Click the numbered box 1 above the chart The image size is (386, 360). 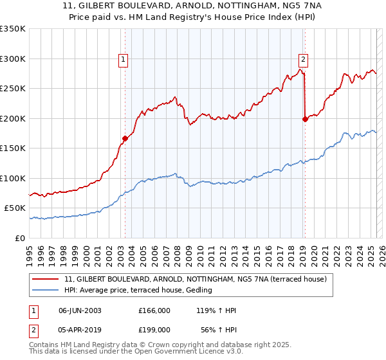pyautogui.click(x=122, y=61)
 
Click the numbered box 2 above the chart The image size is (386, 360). pyautogui.click(x=302, y=61)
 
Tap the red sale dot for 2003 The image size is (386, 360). pyautogui.click(x=125, y=138)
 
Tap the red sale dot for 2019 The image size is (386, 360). pyautogui.click(x=305, y=118)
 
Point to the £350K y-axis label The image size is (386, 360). pyautogui.click(x=13, y=29)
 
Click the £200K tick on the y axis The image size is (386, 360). pyautogui.click(x=13, y=118)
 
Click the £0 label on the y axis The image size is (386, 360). pyautogui.click(x=19, y=238)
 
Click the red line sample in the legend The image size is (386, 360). pyautogui.click(x=46, y=280)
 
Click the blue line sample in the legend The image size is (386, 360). pyautogui.click(x=46, y=290)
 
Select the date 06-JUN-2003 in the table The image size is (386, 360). pyautogui.click(x=80, y=310)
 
